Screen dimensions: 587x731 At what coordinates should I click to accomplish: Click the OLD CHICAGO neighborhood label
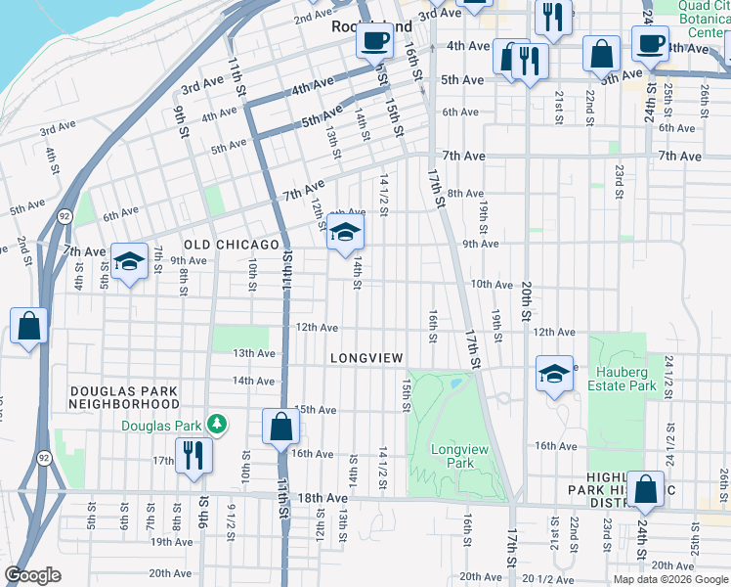pyautogui.click(x=232, y=244)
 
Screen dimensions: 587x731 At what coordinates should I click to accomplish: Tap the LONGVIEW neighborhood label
pyautogui.click(x=366, y=359)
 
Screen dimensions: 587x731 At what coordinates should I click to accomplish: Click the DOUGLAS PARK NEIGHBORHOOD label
pyautogui.click(x=124, y=397)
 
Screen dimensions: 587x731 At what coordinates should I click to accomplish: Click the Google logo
pyautogui.click(x=33, y=575)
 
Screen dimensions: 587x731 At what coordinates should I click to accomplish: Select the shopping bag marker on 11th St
pyautogui.click(x=281, y=427)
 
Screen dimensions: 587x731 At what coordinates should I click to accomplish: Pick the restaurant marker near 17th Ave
pyautogui.click(x=193, y=454)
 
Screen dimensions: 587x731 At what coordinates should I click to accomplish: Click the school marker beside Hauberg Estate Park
pyautogui.click(x=554, y=374)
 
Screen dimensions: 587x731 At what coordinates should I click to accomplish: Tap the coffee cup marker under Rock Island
pyautogui.click(x=374, y=42)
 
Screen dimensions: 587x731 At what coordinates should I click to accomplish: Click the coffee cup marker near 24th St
pyautogui.click(x=650, y=43)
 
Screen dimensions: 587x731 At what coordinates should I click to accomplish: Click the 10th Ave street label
pyautogui.click(x=492, y=285)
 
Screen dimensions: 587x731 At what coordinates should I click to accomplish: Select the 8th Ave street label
pyautogui.click(x=465, y=194)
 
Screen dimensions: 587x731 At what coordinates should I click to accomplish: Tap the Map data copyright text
pyautogui.click(x=669, y=578)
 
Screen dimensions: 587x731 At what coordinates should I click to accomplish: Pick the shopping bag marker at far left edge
pyautogui.click(x=29, y=326)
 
